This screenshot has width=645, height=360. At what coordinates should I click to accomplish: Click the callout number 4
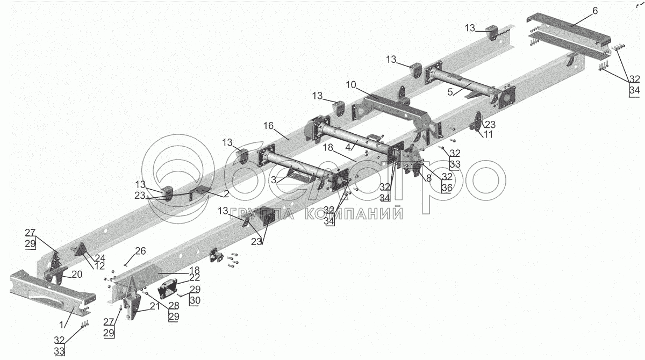pyautogui.click(x=348, y=146)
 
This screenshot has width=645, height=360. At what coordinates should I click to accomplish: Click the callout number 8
pyautogui.click(x=428, y=178)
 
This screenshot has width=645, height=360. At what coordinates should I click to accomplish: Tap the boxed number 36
pyautogui.click(x=447, y=188)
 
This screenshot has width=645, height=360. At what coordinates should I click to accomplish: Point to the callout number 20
pyautogui.click(x=77, y=274)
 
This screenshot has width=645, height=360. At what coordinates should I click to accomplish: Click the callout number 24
pyautogui.click(x=99, y=257)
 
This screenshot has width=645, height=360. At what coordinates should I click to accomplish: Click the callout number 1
pyautogui.click(x=62, y=325)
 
